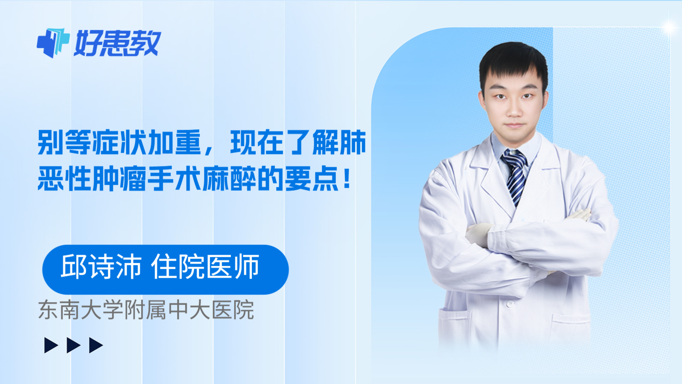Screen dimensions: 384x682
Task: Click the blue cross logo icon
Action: click(x=53, y=43)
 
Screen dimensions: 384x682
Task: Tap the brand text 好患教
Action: click(x=117, y=44)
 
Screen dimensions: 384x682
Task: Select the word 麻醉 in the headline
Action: click(x=229, y=179)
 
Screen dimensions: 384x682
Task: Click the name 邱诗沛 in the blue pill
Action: click(x=101, y=267)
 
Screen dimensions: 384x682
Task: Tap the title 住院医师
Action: click(x=205, y=267)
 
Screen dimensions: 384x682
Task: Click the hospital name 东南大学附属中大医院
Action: click(x=146, y=310)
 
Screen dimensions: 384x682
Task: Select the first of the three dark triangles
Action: click(x=51, y=345)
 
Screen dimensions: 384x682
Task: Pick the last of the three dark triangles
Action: click(x=96, y=345)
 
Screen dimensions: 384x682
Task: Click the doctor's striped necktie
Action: click(x=515, y=175)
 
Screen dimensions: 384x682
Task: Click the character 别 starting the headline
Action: click(x=51, y=143)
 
